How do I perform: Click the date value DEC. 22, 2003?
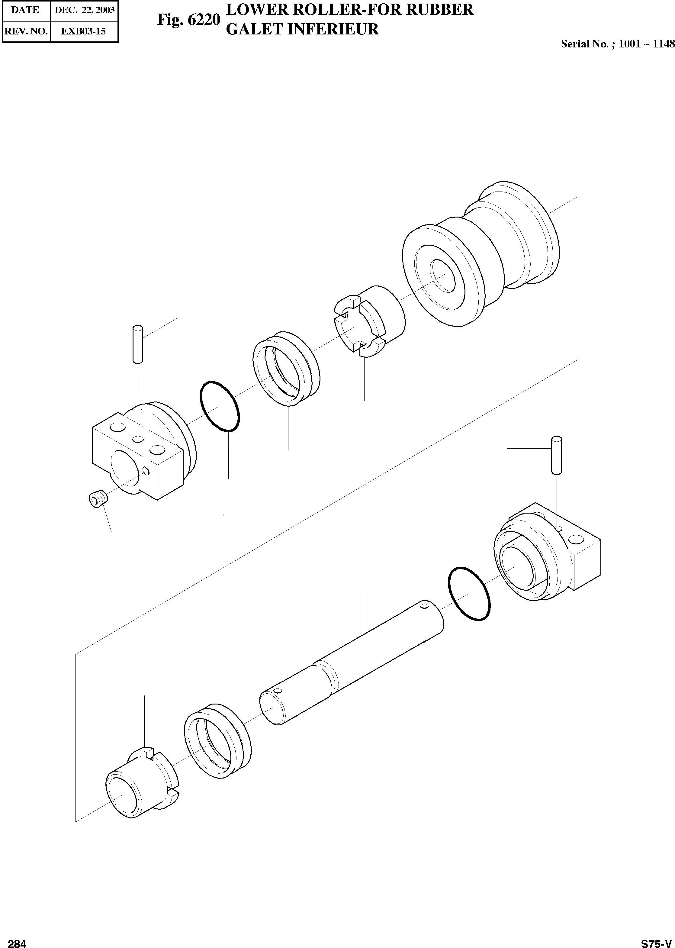(84, 10)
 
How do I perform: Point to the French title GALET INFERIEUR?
(302, 29)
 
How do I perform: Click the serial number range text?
(617, 44)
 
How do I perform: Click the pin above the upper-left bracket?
(138, 344)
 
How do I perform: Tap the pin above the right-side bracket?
(556, 455)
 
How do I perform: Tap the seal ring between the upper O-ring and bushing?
(287, 368)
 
